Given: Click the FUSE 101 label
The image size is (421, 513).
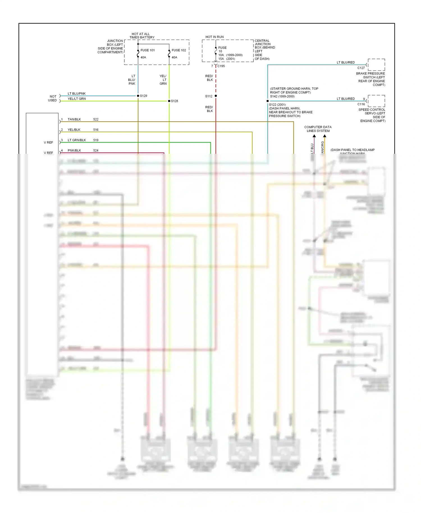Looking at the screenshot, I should pyautogui.click(x=147, y=50).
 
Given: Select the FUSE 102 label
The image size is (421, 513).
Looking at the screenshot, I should pyautogui.click(x=179, y=50).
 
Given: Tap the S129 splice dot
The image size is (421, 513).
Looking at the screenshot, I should pyautogui.click(x=138, y=96).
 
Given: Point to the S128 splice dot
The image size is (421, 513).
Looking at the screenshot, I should pyautogui.click(x=169, y=101).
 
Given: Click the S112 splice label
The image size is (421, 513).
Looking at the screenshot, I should pyautogui.click(x=209, y=96).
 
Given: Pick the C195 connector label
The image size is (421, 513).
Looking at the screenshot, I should pyautogui.click(x=221, y=66).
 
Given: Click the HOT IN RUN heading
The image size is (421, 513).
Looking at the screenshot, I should pyautogui.click(x=214, y=37).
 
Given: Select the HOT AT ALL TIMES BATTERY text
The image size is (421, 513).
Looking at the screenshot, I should pyautogui.click(x=142, y=36).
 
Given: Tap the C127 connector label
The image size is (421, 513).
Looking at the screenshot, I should pyautogui.click(x=361, y=68).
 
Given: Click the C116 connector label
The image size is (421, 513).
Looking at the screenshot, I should pyautogui.click(x=361, y=104).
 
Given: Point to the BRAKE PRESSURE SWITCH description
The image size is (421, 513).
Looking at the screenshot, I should pyautogui.click(x=371, y=79).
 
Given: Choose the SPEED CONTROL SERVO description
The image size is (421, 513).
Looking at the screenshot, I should pyautogui.click(x=372, y=115).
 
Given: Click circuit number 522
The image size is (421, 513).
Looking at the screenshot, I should pyautogui.click(x=96, y=119).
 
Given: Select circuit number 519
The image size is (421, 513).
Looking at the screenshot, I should pyautogui.click(x=96, y=140).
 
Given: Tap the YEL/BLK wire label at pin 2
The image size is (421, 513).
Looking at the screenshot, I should pyautogui.click(x=74, y=130).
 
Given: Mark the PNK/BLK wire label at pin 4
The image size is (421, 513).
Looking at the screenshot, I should pyautogui.click(x=74, y=150).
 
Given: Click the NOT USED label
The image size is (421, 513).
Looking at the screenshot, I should pyautogui.click(x=52, y=98).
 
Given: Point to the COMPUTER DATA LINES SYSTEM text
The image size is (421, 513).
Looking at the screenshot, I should pyautogui.click(x=318, y=129).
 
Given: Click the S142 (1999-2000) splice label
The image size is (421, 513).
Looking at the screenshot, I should pyautogui.click(x=282, y=96).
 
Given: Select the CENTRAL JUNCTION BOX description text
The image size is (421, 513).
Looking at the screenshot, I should pyautogui.click(x=264, y=50).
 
